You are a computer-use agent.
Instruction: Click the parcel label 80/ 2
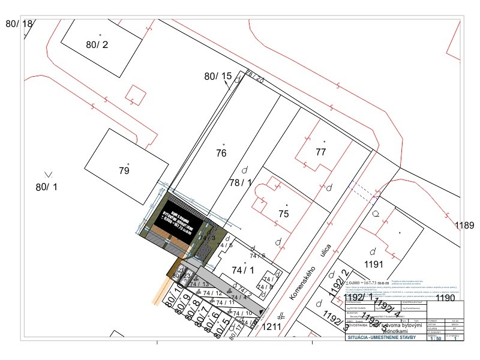pyautogui.click(x=97, y=44)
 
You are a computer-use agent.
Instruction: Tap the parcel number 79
pyautogui.click(x=124, y=171)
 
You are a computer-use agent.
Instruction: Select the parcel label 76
pyautogui.click(x=221, y=153)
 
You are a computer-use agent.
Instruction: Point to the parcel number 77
pyautogui.click(x=320, y=152)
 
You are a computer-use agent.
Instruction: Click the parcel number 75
pyautogui.click(x=284, y=214)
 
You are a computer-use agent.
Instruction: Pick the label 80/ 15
pyautogui.click(x=218, y=76)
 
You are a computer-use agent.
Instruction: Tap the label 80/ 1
pyautogui.click(x=46, y=187)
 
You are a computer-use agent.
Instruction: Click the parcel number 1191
pyautogui.click(x=373, y=263)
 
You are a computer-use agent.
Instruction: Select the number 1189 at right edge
pyautogui.click(x=464, y=226)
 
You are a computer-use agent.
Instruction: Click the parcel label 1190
pyautogui.click(x=446, y=298)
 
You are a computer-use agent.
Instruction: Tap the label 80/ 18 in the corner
pyautogui.click(x=19, y=23)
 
